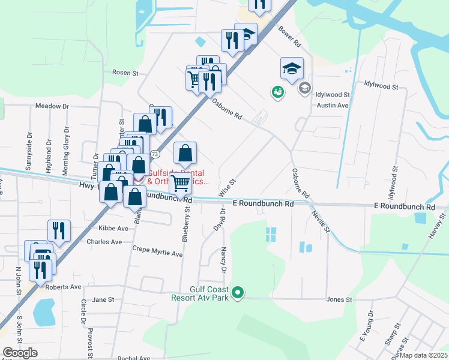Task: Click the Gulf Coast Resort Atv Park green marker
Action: pyautogui.click(x=238, y=293)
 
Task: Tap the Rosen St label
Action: pyautogui.click(x=125, y=73)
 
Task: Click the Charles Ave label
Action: pyautogui.click(x=104, y=242)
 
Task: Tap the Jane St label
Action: pyautogui.click(x=103, y=299)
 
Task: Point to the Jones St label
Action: pyautogui.click(x=339, y=299)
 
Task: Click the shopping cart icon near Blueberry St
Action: pyautogui.click(x=180, y=184)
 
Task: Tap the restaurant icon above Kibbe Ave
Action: pyautogui.click(x=59, y=229)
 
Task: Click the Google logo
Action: pyautogui.click(x=20, y=353)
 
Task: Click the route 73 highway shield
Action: pyautogui.click(x=155, y=154)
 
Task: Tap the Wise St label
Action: pyautogui.click(x=227, y=187)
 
